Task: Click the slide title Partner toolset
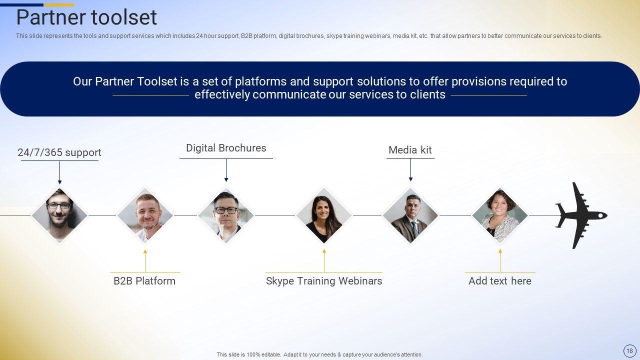click(x=86, y=17)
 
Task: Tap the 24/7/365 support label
click(x=59, y=152)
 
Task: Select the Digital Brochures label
click(x=226, y=148)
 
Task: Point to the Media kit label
click(x=410, y=149)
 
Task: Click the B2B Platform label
click(x=144, y=281)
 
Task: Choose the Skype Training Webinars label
click(x=324, y=281)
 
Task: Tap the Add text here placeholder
click(x=500, y=281)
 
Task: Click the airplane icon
click(x=581, y=215)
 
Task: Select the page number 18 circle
click(x=629, y=350)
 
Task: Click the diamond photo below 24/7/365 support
click(x=59, y=215)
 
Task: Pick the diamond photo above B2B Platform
click(x=145, y=215)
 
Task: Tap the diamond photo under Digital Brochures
click(x=226, y=215)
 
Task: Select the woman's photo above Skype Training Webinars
click(x=324, y=215)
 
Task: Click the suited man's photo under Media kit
click(x=410, y=215)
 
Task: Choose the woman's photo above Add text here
click(x=500, y=215)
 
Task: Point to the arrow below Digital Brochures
click(x=226, y=170)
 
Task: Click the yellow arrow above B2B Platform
click(x=145, y=260)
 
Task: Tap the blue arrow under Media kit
click(x=410, y=169)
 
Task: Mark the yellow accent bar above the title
click(x=59, y=5)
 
